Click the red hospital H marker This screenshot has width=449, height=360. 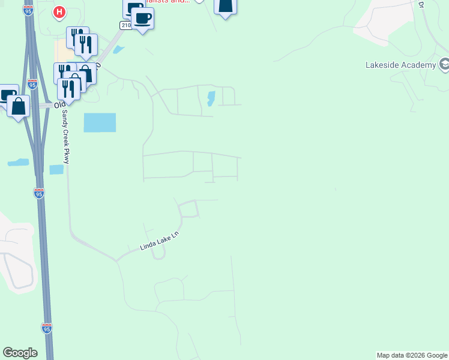point(59,11)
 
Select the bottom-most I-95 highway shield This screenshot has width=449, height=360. point(47,328)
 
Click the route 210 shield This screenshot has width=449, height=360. point(125,25)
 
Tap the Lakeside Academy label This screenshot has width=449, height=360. point(400,65)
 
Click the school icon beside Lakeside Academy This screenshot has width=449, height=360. point(445,64)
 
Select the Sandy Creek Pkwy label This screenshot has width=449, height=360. point(63,137)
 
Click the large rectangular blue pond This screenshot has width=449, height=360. point(100,122)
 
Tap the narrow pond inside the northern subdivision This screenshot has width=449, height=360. point(211,98)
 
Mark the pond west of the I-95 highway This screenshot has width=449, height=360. point(18,162)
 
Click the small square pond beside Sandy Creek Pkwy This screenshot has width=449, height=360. point(56,170)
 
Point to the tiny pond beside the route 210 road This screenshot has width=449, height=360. point(119,49)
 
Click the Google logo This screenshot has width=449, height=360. point(20,353)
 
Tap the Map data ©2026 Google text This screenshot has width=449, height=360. point(412,355)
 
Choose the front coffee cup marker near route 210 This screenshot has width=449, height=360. point(142,19)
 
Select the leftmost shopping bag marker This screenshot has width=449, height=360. point(19,107)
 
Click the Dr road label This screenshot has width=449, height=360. point(421,4)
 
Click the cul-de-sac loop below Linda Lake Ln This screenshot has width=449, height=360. point(158,254)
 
